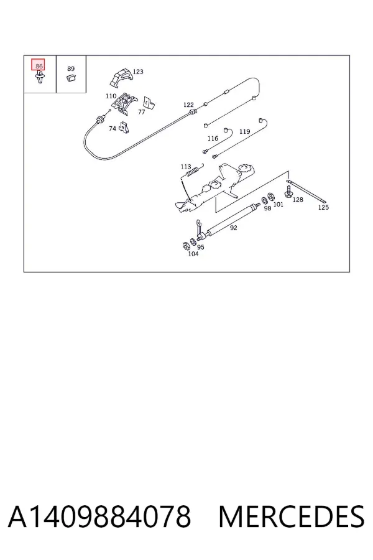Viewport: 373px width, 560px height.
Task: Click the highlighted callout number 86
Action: (x=39, y=66)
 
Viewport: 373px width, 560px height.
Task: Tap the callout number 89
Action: (x=71, y=68)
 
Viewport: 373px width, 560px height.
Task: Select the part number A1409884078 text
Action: (x=99, y=516)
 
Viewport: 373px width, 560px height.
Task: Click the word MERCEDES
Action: (x=292, y=516)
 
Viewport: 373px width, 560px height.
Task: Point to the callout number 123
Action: (x=138, y=72)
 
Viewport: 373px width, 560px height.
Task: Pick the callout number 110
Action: (x=111, y=96)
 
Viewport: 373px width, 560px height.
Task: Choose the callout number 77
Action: (x=141, y=112)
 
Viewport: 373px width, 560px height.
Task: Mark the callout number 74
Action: (x=113, y=128)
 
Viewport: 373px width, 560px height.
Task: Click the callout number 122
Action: (x=188, y=105)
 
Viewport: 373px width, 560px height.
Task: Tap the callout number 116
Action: (x=213, y=138)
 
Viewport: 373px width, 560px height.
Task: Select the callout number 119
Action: (x=244, y=131)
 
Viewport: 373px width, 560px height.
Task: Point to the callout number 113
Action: (x=186, y=166)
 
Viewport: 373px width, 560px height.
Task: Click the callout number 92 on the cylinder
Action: (x=234, y=228)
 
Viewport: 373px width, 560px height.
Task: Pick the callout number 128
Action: (x=298, y=199)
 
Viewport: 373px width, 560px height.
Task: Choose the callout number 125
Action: (x=323, y=207)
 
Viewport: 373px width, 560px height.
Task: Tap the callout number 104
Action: (x=193, y=254)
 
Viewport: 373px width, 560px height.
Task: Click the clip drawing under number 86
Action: (x=40, y=77)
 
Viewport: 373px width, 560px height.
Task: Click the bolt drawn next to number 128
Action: (x=288, y=191)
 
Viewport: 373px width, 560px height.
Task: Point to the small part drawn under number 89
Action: (x=71, y=78)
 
